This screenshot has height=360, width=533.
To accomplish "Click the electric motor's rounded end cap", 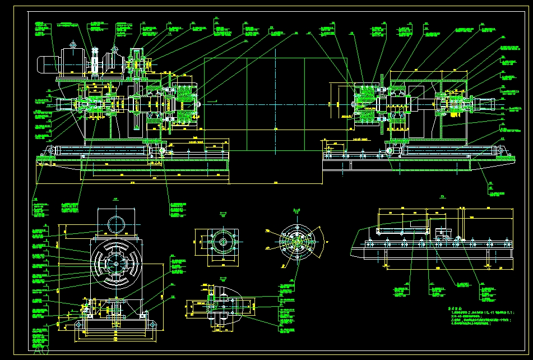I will (42, 64).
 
